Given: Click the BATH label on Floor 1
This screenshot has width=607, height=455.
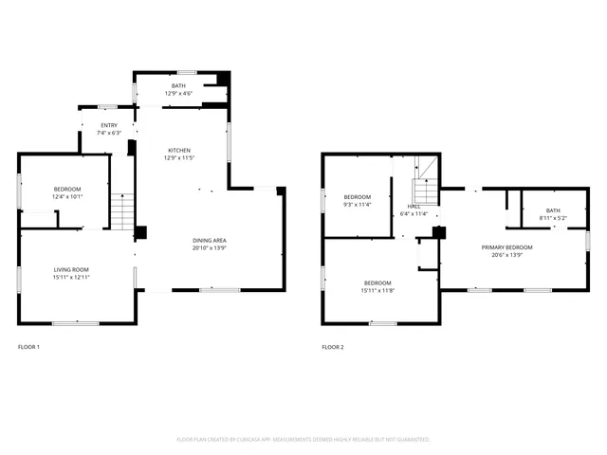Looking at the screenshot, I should coord(179,86).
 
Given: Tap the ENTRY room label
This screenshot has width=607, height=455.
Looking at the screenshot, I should coord(110,125).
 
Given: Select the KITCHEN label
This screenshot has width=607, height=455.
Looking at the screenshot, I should coord(179,151).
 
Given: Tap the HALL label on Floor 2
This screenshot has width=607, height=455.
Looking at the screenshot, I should coord(414,206).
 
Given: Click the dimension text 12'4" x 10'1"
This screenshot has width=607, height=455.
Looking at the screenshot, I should coord(68,196).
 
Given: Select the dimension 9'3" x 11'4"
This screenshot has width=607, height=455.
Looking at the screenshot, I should coord(358,204).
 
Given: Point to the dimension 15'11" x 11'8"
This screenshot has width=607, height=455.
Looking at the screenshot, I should coord(377,289).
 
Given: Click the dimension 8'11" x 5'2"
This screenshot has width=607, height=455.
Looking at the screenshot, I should coord(553,217).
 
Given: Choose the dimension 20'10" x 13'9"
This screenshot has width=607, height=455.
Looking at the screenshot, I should coord(209,248).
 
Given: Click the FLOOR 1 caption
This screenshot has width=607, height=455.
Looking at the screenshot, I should coord(28,347).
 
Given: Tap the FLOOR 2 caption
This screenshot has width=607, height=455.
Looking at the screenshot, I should coord(333,347).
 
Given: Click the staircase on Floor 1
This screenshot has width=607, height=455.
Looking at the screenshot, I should coord(121,210).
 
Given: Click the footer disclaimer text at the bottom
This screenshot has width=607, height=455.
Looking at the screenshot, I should coord(303,440).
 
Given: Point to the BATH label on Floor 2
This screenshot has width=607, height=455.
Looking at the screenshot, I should coord(553,209).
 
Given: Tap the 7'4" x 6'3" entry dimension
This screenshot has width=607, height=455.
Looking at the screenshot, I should coord(110,133).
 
